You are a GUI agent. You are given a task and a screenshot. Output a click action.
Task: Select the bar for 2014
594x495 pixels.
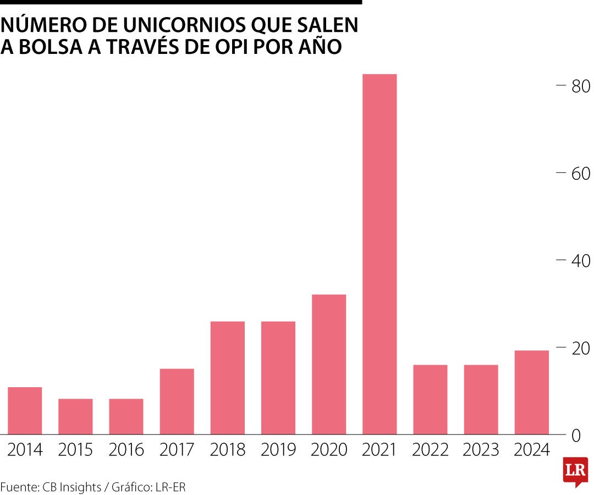25,411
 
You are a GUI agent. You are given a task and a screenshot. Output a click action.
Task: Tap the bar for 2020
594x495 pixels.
329,364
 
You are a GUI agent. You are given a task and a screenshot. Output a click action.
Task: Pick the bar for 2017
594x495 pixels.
177,402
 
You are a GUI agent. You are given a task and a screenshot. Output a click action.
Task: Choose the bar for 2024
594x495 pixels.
531,392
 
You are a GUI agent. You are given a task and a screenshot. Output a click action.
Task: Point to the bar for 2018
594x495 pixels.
228,378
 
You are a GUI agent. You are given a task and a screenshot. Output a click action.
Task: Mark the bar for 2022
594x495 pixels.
430,399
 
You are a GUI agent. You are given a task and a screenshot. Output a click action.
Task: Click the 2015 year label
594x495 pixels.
75,450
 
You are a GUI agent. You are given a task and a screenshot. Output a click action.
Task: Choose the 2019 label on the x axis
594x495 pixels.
278,450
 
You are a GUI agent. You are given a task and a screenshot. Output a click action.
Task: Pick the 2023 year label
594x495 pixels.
481,450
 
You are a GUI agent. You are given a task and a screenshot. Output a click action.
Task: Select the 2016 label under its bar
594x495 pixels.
126,450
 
